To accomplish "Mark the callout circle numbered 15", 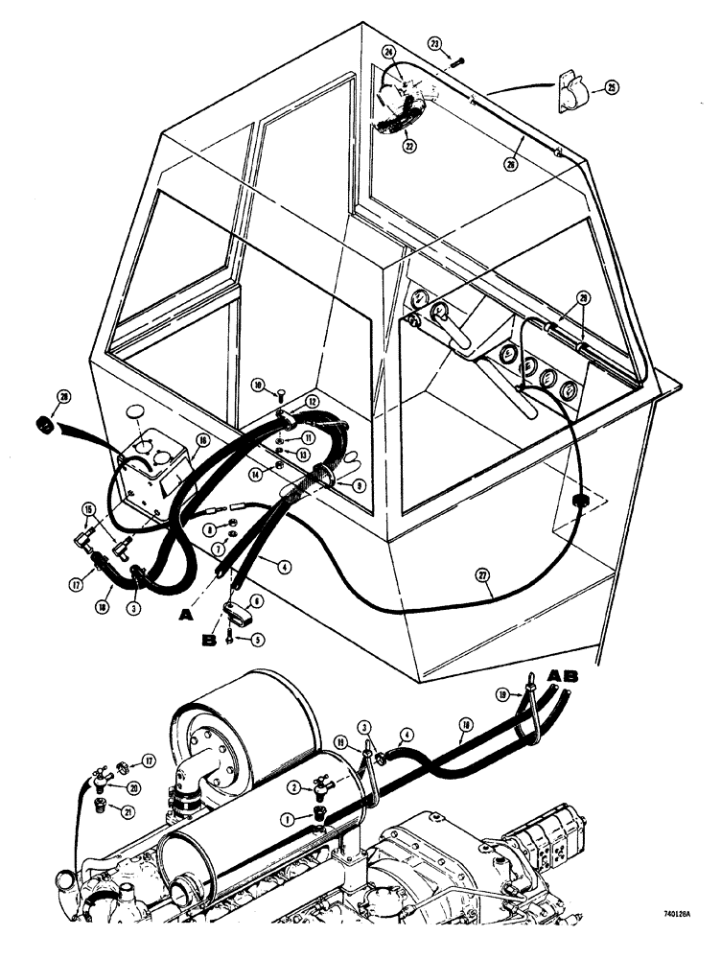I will (x=89, y=508).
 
